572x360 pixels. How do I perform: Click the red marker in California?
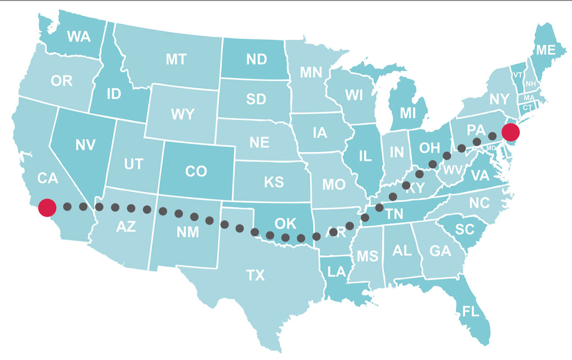[47, 208]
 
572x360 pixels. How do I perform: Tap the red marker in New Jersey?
[510, 132]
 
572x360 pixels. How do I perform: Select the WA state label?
[79, 37]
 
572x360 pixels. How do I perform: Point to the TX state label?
[256, 276]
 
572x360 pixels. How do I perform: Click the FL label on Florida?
[471, 311]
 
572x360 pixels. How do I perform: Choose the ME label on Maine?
[545, 50]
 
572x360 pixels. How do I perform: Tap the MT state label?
[176, 59]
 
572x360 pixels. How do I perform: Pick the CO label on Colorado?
[196, 172]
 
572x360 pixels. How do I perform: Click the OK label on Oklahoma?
[286, 223]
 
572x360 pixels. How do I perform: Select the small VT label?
[517, 75]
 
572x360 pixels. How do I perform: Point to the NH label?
[531, 84]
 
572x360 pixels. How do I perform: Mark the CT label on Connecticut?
[528, 107]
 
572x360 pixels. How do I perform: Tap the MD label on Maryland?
[491, 148]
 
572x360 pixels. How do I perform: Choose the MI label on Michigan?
[408, 113]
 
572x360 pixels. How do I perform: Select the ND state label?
[257, 59]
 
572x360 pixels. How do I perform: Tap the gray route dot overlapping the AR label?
[333, 231]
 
